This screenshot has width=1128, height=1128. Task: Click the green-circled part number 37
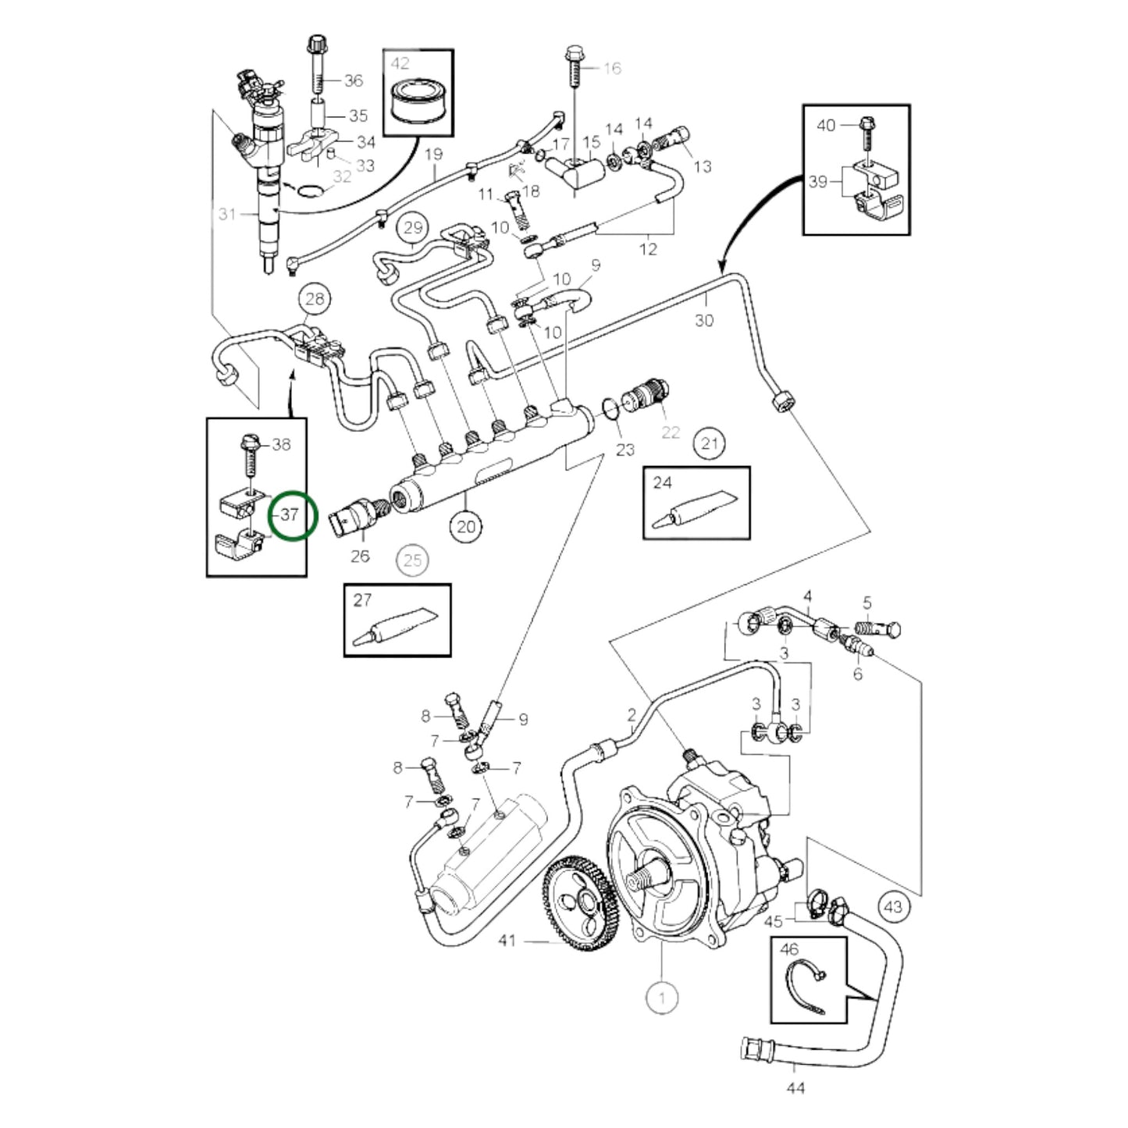pyautogui.click(x=291, y=515)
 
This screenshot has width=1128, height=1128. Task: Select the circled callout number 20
pyautogui.click(x=465, y=527)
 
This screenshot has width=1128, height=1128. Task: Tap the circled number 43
pyautogui.click(x=893, y=906)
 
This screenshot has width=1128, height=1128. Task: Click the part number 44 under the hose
pyautogui.click(x=795, y=1087)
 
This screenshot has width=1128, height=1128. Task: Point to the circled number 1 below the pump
pyautogui.click(x=662, y=997)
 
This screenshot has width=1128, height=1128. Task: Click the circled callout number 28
pyautogui.click(x=315, y=298)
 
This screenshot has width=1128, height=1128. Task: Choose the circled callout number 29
pyautogui.click(x=413, y=228)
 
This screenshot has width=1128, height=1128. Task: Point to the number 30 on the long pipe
pyautogui.click(x=704, y=320)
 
